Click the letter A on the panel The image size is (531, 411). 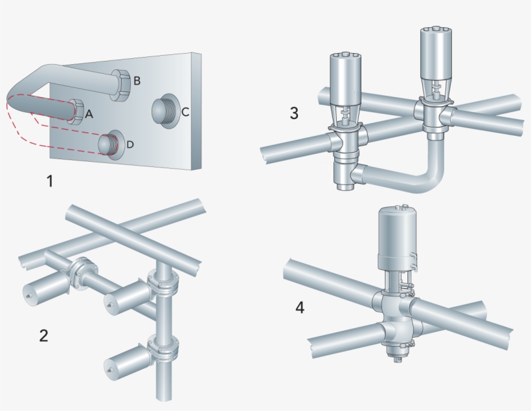89,114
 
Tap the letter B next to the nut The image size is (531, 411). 137,81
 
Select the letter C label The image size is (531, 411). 185,112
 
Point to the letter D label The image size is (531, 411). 130,144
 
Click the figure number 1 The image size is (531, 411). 49,181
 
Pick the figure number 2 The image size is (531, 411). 43,335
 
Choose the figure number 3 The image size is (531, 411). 294,113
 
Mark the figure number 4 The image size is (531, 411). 300,307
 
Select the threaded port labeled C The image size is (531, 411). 164,109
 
